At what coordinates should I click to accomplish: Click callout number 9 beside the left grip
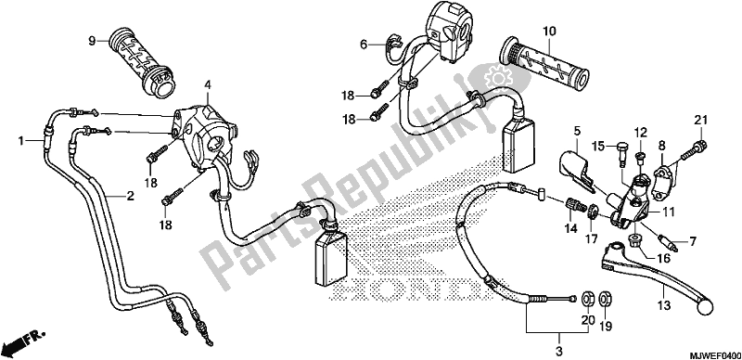tap(92, 40)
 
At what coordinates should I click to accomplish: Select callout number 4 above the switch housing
tap(209, 85)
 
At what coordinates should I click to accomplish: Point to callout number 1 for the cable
tap(20, 140)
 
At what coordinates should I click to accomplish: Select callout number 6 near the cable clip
tap(365, 42)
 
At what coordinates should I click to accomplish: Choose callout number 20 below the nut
tap(585, 321)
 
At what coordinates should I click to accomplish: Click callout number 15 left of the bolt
tap(598, 145)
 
